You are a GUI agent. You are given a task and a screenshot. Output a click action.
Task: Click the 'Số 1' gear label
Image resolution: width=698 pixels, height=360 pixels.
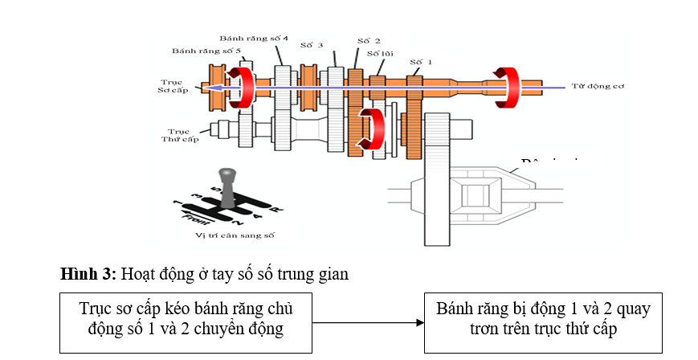421,61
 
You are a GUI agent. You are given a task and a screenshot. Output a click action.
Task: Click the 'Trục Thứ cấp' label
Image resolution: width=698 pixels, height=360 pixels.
178,134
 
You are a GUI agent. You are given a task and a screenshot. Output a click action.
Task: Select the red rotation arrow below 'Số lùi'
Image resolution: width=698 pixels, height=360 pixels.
373,129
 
